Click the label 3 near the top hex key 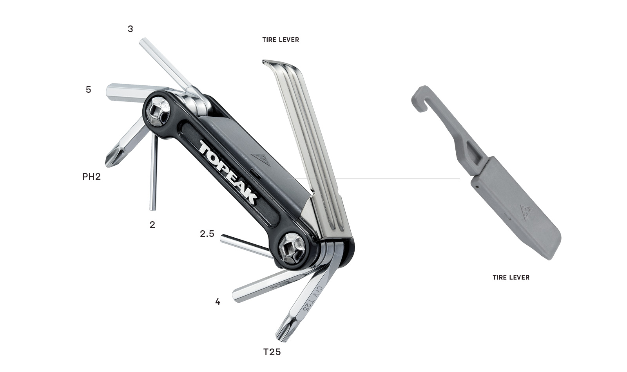(x=130, y=29)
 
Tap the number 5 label (x=89, y=90)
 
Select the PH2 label (x=91, y=177)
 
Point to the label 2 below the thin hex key (x=152, y=225)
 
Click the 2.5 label (x=207, y=233)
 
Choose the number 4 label (x=218, y=302)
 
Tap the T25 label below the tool (x=272, y=352)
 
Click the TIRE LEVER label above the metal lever (x=281, y=40)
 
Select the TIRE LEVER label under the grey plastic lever (x=511, y=278)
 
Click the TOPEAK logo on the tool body (x=227, y=172)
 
